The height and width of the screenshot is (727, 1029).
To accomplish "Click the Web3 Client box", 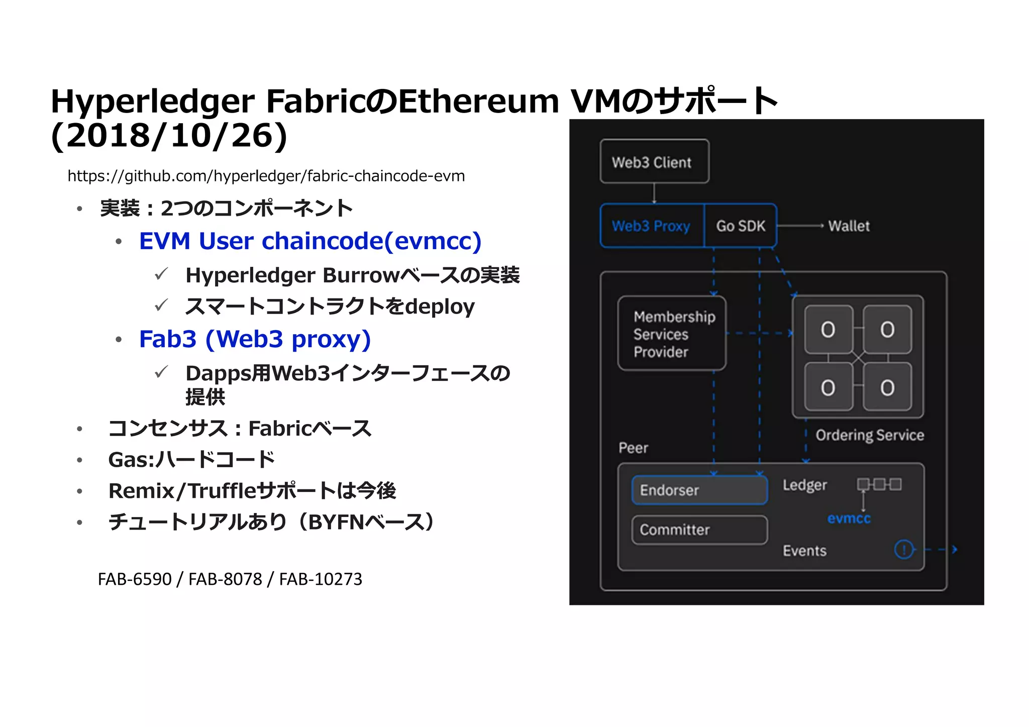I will point(654,161).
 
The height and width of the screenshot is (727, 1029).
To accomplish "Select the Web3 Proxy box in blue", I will point(652,226).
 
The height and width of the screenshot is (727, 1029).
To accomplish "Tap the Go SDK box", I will point(741,226).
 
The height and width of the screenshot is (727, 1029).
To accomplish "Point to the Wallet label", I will point(849,226).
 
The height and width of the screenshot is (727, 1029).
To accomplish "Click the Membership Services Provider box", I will point(672,334).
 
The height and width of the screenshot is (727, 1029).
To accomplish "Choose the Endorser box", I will point(699,490).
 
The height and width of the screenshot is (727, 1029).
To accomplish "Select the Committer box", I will point(699,530).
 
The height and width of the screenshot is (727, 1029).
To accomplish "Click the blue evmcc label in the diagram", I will point(849,518).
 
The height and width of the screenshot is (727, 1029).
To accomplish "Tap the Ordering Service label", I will point(869,435).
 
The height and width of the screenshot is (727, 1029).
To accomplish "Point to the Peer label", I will point(633,448).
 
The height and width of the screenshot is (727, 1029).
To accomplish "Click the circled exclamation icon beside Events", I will point(903,549).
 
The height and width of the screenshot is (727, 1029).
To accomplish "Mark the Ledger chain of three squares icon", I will point(879,484).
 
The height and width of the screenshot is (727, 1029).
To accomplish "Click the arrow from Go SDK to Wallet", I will point(800,226).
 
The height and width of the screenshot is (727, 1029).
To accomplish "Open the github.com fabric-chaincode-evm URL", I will point(266,176).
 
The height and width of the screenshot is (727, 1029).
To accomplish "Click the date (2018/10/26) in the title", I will point(169,136).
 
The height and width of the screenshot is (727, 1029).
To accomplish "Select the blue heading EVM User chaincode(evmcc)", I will point(310,241).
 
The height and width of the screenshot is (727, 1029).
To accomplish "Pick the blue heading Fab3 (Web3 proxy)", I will point(255,339).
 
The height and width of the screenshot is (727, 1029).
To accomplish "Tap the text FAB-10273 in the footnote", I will point(321,579).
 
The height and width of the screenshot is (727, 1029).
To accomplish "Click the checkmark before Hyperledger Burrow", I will point(161,274).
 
